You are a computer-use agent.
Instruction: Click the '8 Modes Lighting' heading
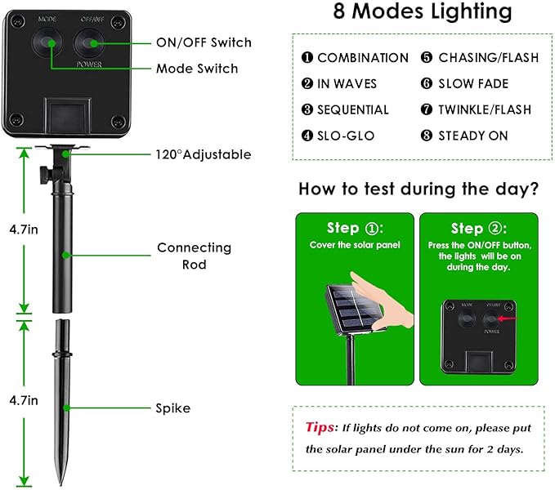coord(423,13)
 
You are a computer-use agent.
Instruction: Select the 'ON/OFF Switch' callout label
coord(204,42)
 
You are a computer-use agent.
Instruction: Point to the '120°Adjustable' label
coord(204,154)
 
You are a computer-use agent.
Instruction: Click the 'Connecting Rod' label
coord(194,255)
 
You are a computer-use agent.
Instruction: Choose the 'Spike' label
coord(172,408)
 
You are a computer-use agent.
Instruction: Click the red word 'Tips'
coord(319,427)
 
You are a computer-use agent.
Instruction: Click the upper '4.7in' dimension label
coord(22,229)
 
